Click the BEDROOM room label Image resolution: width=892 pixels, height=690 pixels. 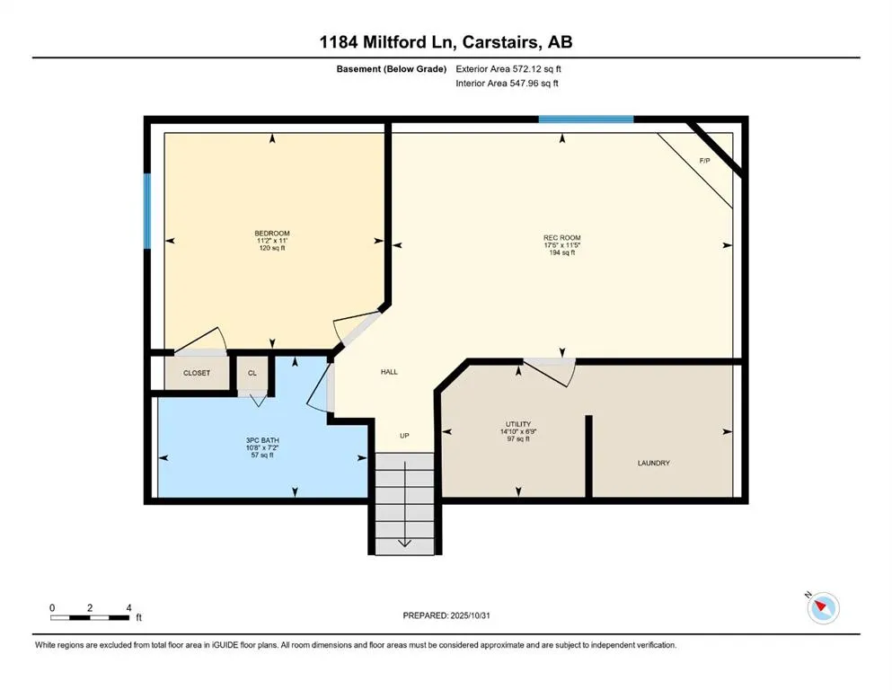pos(271,234)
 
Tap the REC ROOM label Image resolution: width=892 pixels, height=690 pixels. pos(562,238)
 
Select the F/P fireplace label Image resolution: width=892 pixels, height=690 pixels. pos(705,160)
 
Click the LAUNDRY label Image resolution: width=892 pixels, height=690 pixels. pos(654,464)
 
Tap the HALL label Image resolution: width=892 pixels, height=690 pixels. pos(389,372)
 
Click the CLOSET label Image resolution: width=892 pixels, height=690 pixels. pos(197,373)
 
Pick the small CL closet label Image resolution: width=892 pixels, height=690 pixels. pos(252,373)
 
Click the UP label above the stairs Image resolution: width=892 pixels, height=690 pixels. pos(404,436)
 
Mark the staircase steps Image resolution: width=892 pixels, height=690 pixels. pos(403,503)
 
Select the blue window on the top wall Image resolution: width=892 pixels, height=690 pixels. pos(586,119)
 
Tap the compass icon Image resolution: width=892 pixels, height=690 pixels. pos(823,608)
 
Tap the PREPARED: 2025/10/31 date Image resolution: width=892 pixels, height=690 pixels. pos(448,615)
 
